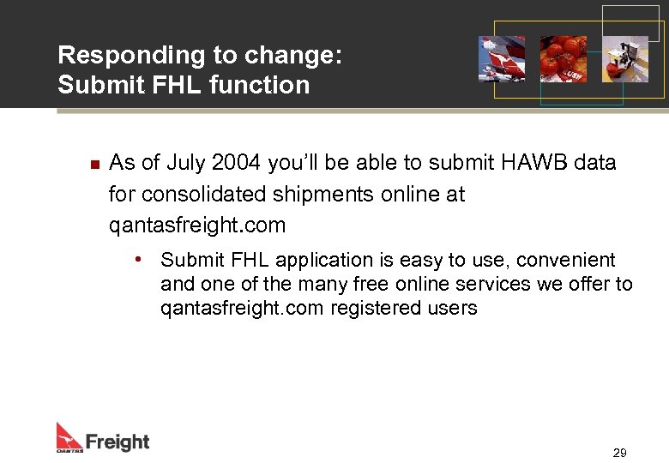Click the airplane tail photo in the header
click(502, 58)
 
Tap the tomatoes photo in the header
click(563, 58)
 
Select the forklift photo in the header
click(624, 58)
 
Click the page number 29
click(619, 453)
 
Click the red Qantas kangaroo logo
click(69, 436)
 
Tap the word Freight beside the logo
click(118, 442)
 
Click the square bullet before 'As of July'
click(95, 163)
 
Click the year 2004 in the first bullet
click(236, 163)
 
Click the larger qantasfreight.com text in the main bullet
click(197, 225)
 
